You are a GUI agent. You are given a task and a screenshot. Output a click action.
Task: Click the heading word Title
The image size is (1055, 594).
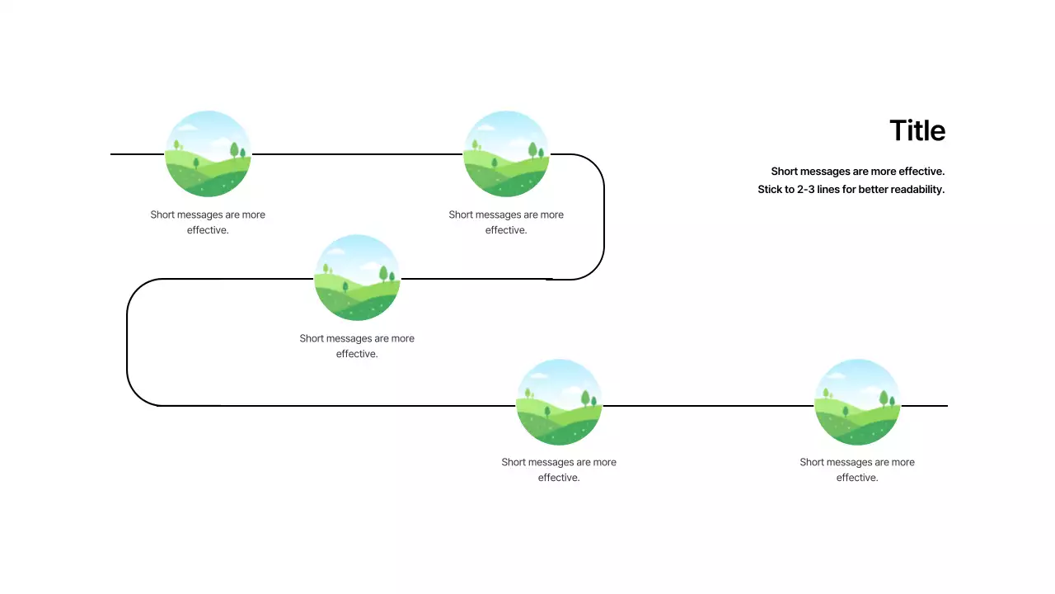[917, 131]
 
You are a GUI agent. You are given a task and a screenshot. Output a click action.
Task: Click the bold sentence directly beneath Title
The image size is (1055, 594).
[857, 172]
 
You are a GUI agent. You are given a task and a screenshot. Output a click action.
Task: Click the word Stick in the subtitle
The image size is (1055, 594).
[771, 190]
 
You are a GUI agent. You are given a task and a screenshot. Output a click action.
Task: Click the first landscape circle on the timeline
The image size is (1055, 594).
[208, 154]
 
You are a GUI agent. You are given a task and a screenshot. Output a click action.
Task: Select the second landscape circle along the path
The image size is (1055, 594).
[506, 154]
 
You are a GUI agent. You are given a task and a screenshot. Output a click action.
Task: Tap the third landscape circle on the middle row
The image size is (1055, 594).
[357, 278]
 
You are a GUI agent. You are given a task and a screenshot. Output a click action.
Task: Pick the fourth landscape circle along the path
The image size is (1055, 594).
[559, 403]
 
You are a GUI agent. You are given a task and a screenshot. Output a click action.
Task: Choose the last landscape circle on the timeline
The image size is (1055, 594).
[857, 403]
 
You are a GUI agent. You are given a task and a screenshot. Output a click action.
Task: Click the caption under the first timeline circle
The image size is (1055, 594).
[208, 222]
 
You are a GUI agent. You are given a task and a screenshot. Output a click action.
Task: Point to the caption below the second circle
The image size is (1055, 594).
[506, 222]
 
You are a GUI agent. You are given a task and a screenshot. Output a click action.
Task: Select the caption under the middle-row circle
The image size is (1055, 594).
[357, 346]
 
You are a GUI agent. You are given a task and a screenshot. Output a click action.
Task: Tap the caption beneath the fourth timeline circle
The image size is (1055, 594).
[559, 469]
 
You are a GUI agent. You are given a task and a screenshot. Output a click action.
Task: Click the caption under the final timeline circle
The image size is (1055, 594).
[857, 469]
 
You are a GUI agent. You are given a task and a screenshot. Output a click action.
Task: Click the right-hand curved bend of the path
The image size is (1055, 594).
[603, 216]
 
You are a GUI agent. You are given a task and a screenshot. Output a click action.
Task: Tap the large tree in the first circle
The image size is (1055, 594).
[234, 149]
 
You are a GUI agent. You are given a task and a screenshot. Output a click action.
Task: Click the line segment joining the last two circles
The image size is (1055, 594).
[708, 406]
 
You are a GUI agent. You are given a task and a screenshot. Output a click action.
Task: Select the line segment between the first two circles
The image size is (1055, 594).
[357, 154]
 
